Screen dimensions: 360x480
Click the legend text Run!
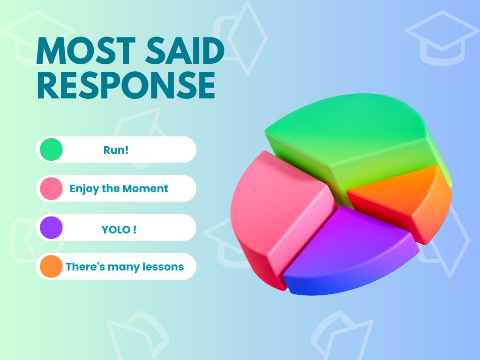pyautogui.click(x=116, y=150)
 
